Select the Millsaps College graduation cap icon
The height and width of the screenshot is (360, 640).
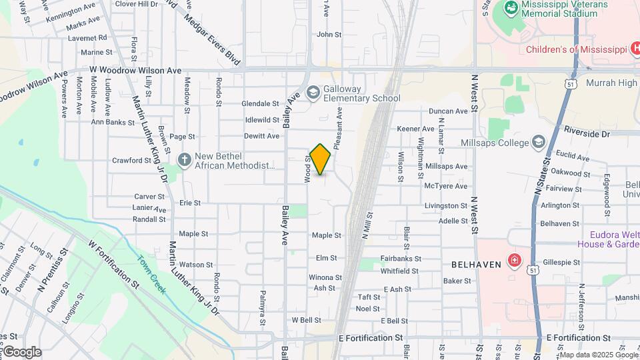pyautogui.click(x=538, y=142)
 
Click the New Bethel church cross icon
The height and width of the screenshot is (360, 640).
pyautogui.click(x=185, y=160)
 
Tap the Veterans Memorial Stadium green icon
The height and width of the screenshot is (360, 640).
pyautogui.click(x=511, y=8)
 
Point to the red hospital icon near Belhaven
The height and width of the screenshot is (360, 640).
pyautogui.click(x=514, y=259)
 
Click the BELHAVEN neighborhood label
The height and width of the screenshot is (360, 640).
pyautogui.click(x=476, y=265)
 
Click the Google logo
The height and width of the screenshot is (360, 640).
pyautogui.click(x=22, y=352)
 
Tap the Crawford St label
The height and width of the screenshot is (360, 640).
pyautogui.click(x=132, y=161)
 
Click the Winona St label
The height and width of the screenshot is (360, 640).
pyautogui.click(x=325, y=277)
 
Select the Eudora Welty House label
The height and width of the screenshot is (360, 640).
pyautogui.click(x=613, y=239)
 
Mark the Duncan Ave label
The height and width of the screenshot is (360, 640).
pyautogui.click(x=449, y=111)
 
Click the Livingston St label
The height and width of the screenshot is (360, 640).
pyautogui.click(x=446, y=206)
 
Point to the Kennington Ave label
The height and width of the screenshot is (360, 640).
pyautogui.click(x=71, y=12)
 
